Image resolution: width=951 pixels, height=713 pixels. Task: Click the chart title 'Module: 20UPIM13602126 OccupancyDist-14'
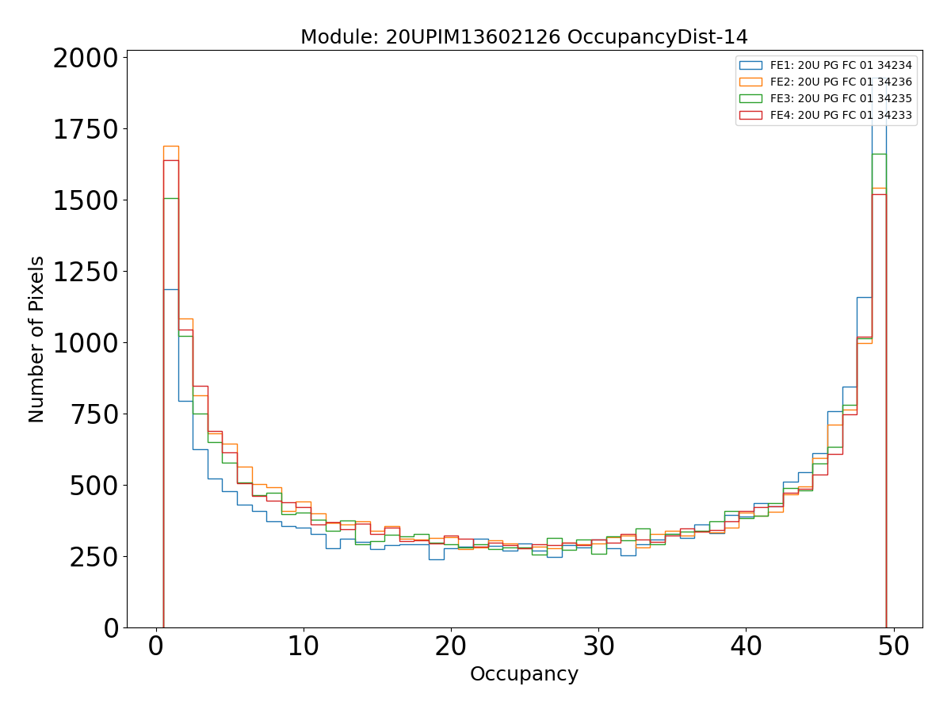(524, 37)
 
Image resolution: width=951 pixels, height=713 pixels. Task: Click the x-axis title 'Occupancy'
(524, 674)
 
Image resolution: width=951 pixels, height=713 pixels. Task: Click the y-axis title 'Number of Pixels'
(37, 339)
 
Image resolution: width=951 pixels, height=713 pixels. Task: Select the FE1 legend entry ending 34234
(841, 65)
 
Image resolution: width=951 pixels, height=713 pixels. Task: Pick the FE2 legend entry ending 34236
(841, 82)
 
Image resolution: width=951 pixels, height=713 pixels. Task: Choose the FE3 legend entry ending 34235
(841, 98)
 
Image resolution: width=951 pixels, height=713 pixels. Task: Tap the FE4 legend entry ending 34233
(841, 115)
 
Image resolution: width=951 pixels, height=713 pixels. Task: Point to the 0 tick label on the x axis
(156, 646)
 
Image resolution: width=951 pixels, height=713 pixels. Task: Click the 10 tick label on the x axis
(304, 646)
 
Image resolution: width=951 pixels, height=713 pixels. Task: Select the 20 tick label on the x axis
(451, 646)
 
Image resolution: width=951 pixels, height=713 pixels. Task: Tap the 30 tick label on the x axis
(598, 646)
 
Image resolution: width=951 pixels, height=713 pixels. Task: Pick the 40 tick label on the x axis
(746, 646)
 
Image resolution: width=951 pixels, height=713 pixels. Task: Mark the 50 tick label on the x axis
(893, 646)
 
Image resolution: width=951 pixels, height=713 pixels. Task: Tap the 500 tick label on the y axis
(96, 486)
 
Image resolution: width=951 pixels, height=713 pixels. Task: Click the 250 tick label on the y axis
(96, 557)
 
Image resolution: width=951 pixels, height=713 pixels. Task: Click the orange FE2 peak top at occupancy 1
(170, 146)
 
